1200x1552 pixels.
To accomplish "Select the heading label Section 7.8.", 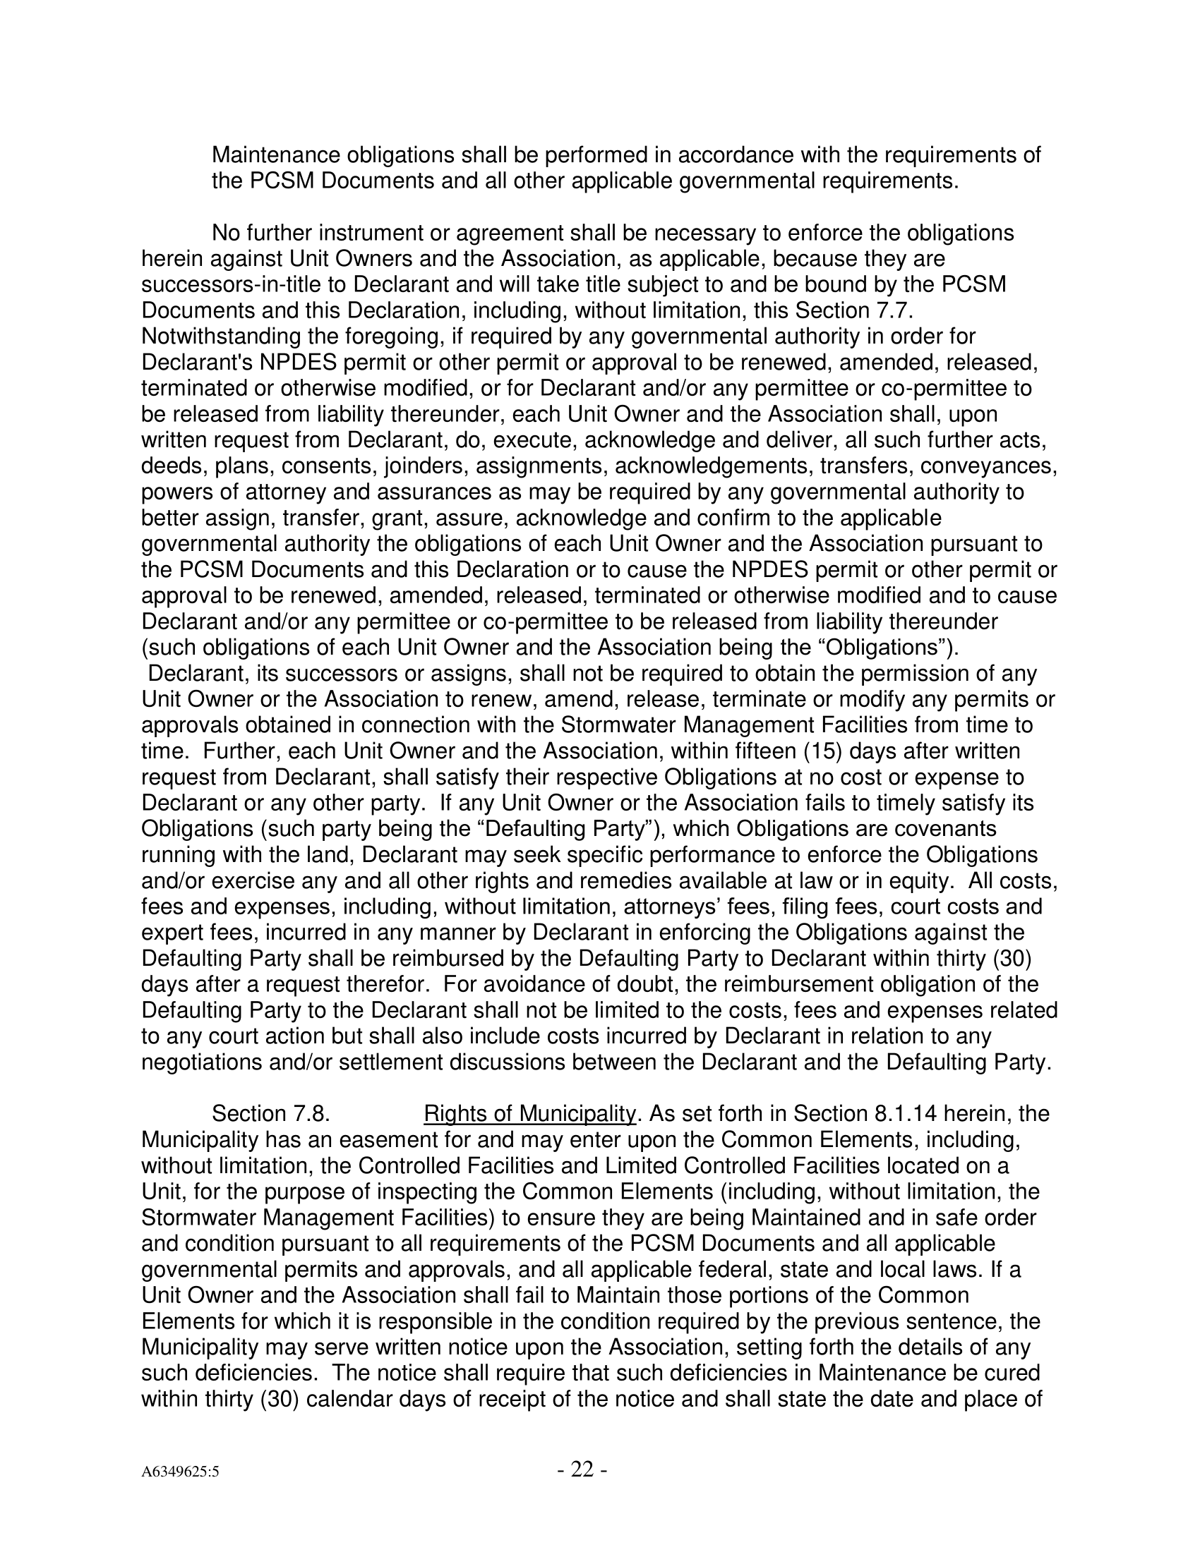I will [270, 1113].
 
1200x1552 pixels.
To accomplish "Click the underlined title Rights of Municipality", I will [529, 1113].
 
